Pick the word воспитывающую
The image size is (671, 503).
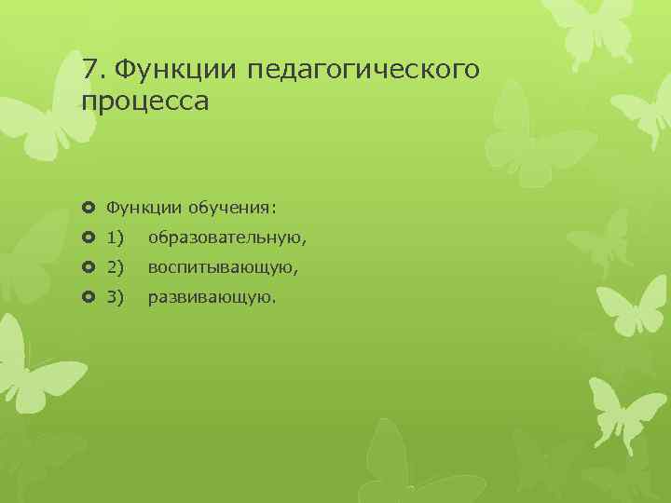point(221,268)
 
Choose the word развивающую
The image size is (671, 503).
point(212,299)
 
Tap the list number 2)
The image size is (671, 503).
point(116,268)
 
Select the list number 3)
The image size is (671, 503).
point(116,299)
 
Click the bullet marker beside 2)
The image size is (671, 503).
point(89,268)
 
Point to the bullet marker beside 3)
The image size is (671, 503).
point(89,299)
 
